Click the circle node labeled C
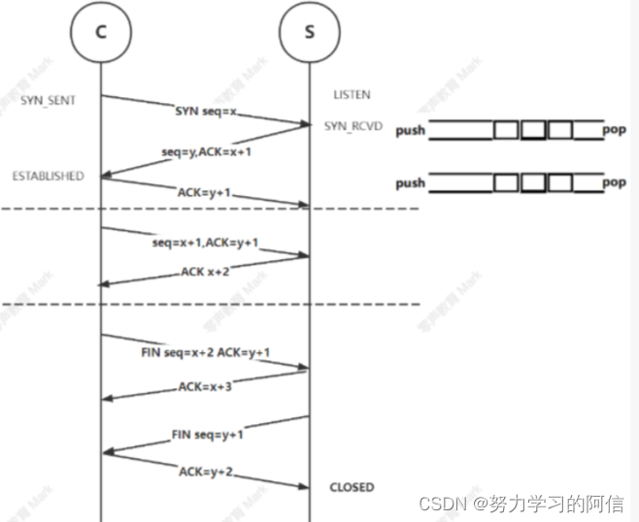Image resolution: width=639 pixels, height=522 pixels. point(101,33)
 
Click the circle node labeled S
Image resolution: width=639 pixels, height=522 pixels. point(309,33)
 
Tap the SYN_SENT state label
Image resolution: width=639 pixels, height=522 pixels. point(49,100)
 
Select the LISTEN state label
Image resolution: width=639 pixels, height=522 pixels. point(351,95)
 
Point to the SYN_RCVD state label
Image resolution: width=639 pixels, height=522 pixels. point(354,127)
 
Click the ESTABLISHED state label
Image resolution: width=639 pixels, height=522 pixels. point(48,176)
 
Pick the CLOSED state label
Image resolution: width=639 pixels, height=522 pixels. point(352,487)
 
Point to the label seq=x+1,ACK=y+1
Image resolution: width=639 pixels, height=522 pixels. point(205,243)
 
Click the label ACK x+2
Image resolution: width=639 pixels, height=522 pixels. point(207,273)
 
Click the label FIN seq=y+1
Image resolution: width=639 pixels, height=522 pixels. point(207,434)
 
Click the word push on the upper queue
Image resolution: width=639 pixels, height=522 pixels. point(410,130)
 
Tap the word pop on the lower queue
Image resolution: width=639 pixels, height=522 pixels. point(614,182)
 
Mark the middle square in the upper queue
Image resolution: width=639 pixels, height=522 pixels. point(532,130)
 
